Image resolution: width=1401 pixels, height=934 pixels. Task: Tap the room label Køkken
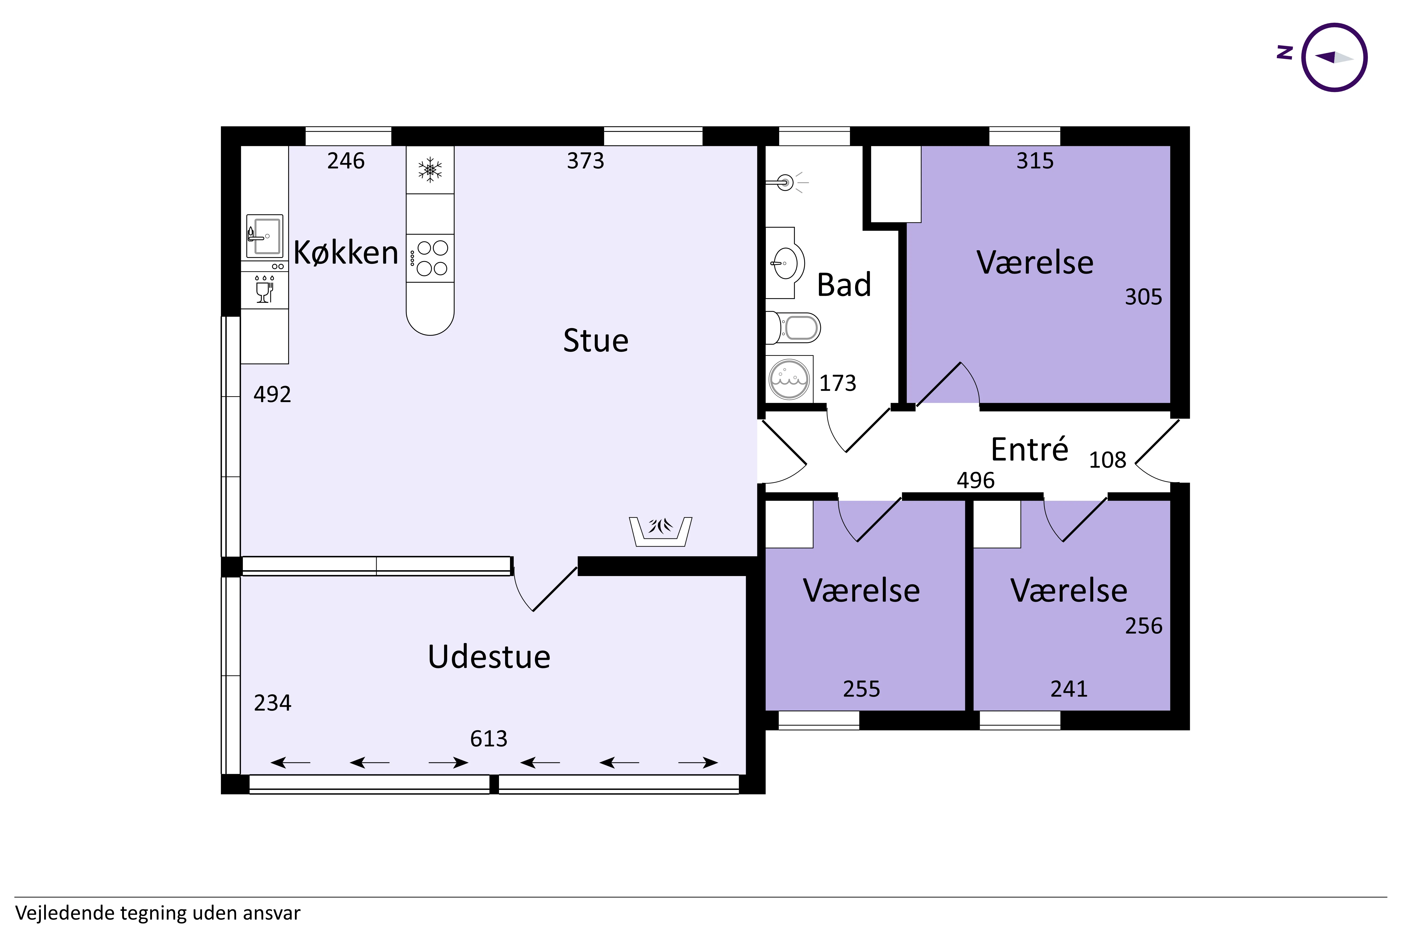click(x=346, y=253)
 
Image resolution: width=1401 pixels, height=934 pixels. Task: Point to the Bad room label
click(x=843, y=285)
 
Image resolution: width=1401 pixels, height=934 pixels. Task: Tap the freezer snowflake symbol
click(x=429, y=169)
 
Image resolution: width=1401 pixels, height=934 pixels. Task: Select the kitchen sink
click(x=265, y=236)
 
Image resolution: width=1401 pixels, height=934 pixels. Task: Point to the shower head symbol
click(x=786, y=182)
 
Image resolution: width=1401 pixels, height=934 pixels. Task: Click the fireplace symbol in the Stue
click(x=660, y=530)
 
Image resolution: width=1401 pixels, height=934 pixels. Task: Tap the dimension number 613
click(x=488, y=739)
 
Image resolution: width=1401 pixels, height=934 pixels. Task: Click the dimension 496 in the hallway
click(x=975, y=480)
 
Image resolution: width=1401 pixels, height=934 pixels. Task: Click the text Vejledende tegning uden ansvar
click(x=158, y=913)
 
